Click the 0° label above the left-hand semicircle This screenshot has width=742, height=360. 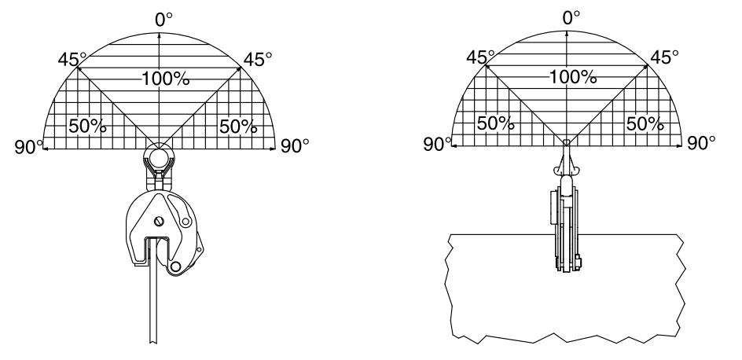click(x=163, y=20)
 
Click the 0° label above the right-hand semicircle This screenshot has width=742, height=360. click(x=571, y=18)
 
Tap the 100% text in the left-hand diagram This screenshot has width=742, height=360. click(x=166, y=79)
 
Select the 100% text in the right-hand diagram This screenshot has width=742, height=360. click(x=572, y=77)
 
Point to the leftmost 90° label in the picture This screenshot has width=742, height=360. click(x=29, y=147)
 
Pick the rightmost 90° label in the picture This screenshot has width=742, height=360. click(x=701, y=143)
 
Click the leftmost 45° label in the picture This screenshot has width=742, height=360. click(x=72, y=60)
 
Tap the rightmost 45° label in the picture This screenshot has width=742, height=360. click(x=664, y=57)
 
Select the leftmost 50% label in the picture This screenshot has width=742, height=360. click(x=87, y=127)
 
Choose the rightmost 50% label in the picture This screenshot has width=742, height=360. click(x=645, y=124)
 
